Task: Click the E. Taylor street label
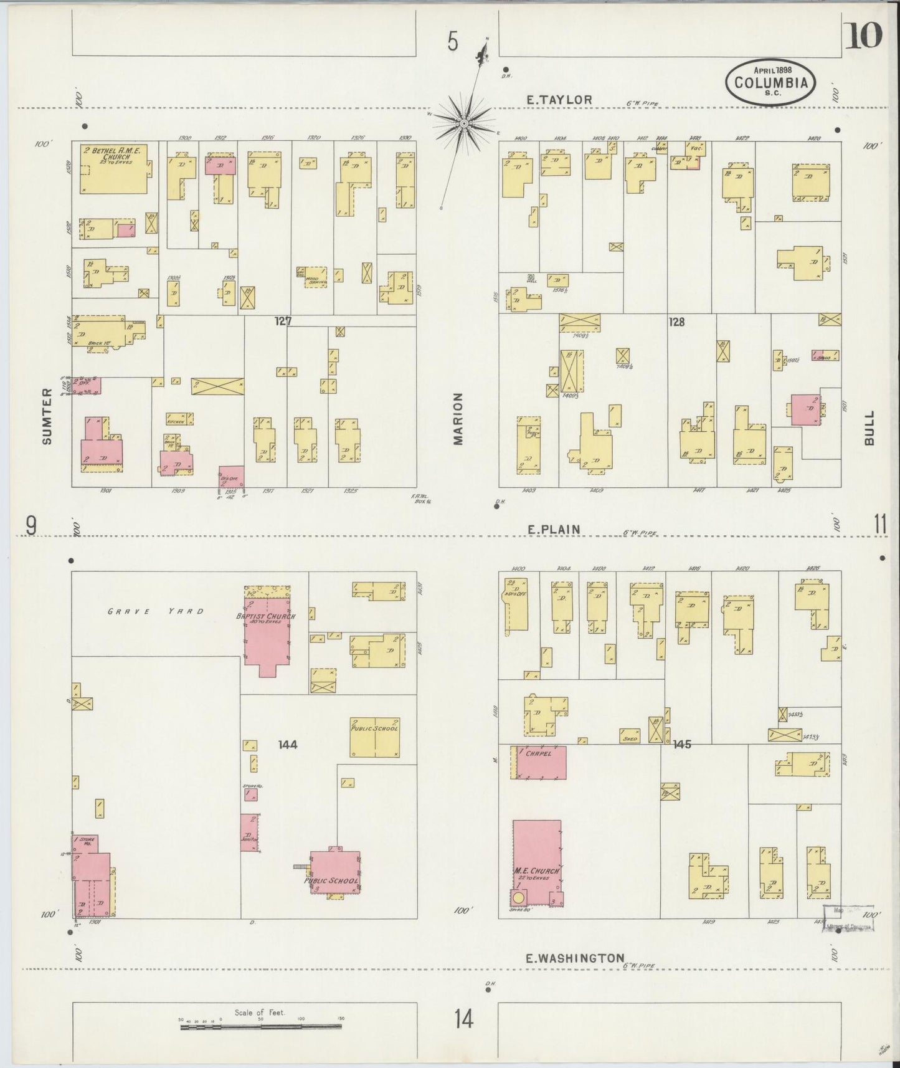(x=559, y=99)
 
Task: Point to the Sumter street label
(x=47, y=424)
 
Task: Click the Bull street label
(x=869, y=427)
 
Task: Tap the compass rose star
(x=464, y=123)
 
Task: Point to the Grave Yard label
(x=156, y=611)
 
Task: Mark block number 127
(x=283, y=321)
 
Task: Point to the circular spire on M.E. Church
(x=518, y=898)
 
